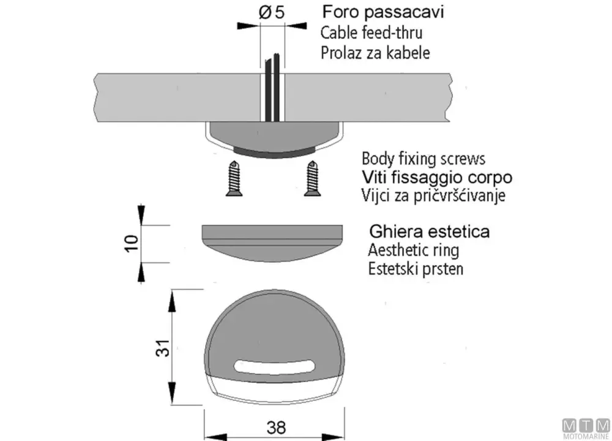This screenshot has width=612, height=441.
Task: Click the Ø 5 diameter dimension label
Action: pyautogui.click(x=272, y=12)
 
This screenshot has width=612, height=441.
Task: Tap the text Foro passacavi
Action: pyautogui.click(x=383, y=12)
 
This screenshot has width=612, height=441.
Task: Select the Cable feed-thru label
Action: pyautogui.click(x=371, y=33)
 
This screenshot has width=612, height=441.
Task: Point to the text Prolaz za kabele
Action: pyautogui.click(x=375, y=53)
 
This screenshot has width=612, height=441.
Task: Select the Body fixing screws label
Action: pyautogui.click(x=424, y=159)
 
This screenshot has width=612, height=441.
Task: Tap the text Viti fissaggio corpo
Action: pyautogui.click(x=437, y=178)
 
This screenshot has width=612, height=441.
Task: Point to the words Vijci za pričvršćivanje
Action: pyautogui.click(x=434, y=195)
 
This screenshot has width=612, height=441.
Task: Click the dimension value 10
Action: pyautogui.click(x=132, y=243)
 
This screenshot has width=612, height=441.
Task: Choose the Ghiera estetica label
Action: pyautogui.click(x=430, y=232)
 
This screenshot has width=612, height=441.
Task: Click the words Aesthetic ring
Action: pyautogui.click(x=414, y=250)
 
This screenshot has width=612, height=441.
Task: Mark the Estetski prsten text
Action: pyautogui.click(x=416, y=269)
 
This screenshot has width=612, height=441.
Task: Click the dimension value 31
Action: pyautogui.click(x=163, y=348)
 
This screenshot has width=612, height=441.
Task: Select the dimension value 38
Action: pyautogui.click(x=276, y=428)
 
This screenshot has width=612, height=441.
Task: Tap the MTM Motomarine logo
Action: pyautogui.click(x=586, y=429)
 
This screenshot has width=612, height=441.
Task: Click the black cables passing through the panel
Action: pyautogui.click(x=272, y=88)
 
